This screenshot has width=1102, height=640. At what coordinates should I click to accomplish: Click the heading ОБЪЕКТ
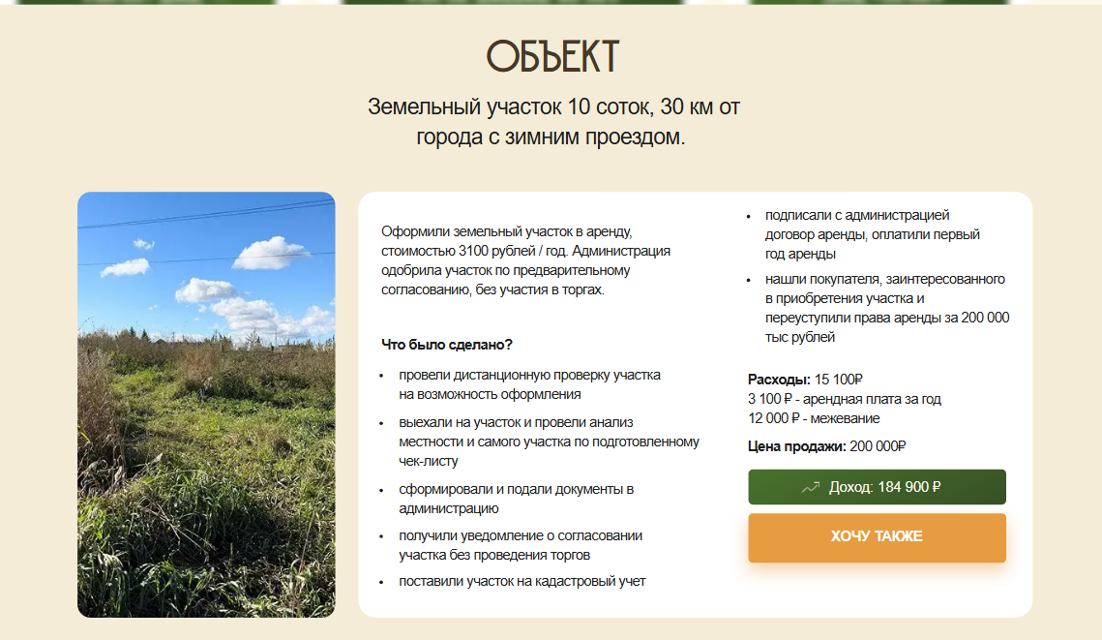[x=552, y=56]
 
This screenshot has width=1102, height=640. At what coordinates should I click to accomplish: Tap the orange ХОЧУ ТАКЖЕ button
[x=877, y=537]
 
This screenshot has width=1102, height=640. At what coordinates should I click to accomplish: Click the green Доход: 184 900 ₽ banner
[x=877, y=487]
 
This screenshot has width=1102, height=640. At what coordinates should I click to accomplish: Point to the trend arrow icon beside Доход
[x=811, y=487]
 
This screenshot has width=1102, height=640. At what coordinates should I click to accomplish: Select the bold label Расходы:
[x=779, y=380]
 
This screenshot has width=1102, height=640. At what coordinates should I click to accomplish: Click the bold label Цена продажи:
[x=797, y=446]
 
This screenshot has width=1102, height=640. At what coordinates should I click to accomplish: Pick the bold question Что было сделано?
[x=447, y=345]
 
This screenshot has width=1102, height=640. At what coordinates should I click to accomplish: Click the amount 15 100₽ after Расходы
[x=839, y=380]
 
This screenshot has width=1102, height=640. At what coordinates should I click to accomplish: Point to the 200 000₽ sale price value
[x=878, y=446]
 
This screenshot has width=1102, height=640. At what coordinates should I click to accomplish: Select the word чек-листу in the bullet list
[x=428, y=462]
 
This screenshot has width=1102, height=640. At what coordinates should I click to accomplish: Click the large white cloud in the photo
[x=270, y=253]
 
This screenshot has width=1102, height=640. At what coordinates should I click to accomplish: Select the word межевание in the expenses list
[x=845, y=418]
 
